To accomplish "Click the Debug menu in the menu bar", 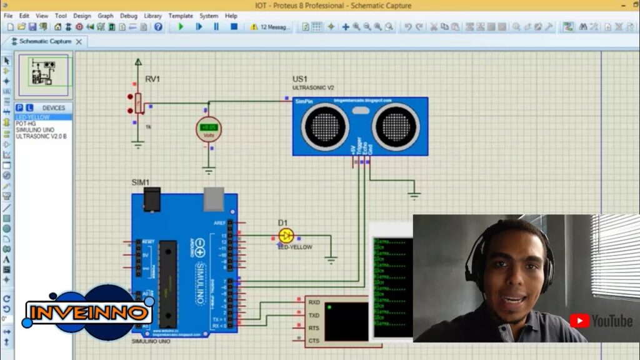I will pos(129,16).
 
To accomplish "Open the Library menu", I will pos(152,16).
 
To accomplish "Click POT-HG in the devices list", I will pos(26,124).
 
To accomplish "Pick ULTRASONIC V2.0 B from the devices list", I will pos(41,136).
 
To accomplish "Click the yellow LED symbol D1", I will pos(286,236).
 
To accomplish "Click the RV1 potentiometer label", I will pos(152,79).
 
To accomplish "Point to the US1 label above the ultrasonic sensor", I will pos(300,79).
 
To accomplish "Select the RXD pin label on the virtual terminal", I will pos(314,302).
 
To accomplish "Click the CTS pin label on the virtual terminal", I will pos(314,341).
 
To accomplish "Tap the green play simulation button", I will pos(181,27).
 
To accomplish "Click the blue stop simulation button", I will pos(234,27).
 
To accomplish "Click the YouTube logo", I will pos(601,321).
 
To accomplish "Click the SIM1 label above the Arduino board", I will pos(140,182).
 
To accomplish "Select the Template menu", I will pos(181,16).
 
